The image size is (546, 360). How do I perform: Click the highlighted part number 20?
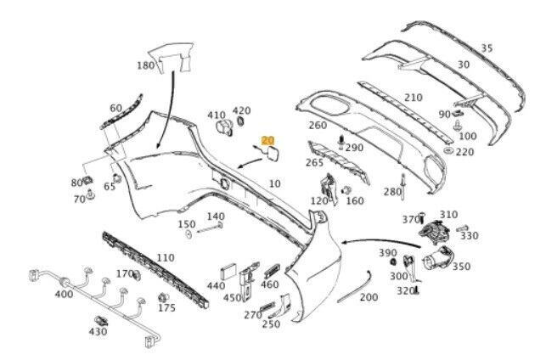268,140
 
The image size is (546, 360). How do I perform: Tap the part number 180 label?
146,65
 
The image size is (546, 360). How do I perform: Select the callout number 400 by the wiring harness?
64,294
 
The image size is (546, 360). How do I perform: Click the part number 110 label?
165,258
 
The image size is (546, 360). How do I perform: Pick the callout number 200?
369,297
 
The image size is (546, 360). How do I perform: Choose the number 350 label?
461,267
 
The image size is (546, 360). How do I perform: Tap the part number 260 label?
318,126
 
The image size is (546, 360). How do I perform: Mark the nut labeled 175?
162,299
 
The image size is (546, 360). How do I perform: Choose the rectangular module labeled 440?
228,274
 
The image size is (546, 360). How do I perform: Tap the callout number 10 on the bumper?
274,183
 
